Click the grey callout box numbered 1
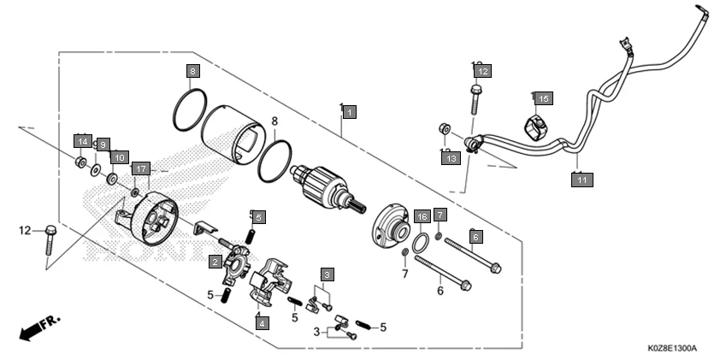(x=349, y=112)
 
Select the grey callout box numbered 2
(x=215, y=262)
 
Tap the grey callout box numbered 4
(x=260, y=323)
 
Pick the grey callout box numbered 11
(x=581, y=180)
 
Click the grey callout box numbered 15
(x=544, y=98)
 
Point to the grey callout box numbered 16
(x=421, y=216)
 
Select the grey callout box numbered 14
(x=82, y=140)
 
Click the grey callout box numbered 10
(x=119, y=157)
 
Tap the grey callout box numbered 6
(x=476, y=235)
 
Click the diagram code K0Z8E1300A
(x=671, y=349)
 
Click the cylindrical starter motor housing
(x=235, y=133)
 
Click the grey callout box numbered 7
(x=440, y=214)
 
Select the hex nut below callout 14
(x=80, y=162)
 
